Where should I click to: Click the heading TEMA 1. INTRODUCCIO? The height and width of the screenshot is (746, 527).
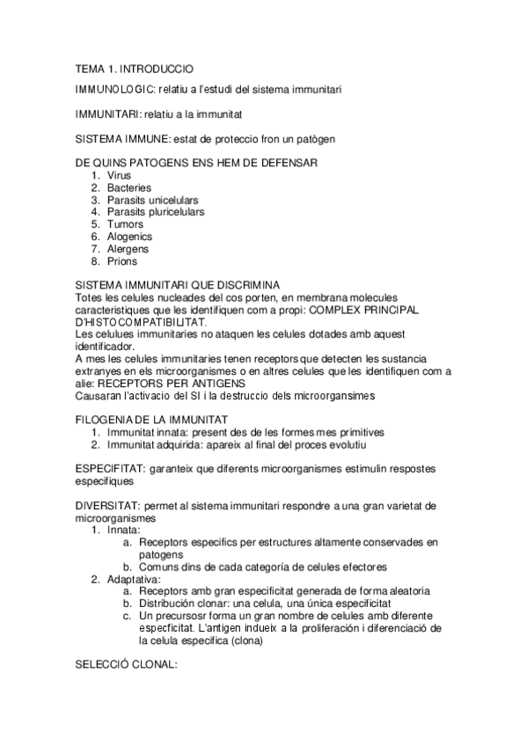(x=134, y=68)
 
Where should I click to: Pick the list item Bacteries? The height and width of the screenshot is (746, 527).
(x=129, y=188)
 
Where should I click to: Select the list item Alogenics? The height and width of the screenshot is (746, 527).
(x=129, y=237)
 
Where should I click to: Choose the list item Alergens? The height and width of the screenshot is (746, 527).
(x=128, y=249)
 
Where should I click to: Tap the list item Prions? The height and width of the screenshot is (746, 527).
(x=122, y=261)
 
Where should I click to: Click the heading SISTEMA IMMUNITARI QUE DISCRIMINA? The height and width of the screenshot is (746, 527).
(x=178, y=285)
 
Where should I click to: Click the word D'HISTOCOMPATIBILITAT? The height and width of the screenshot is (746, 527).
(x=143, y=322)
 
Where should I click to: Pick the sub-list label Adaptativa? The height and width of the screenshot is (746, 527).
(x=134, y=581)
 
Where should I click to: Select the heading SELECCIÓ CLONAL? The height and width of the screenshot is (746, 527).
(x=127, y=666)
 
